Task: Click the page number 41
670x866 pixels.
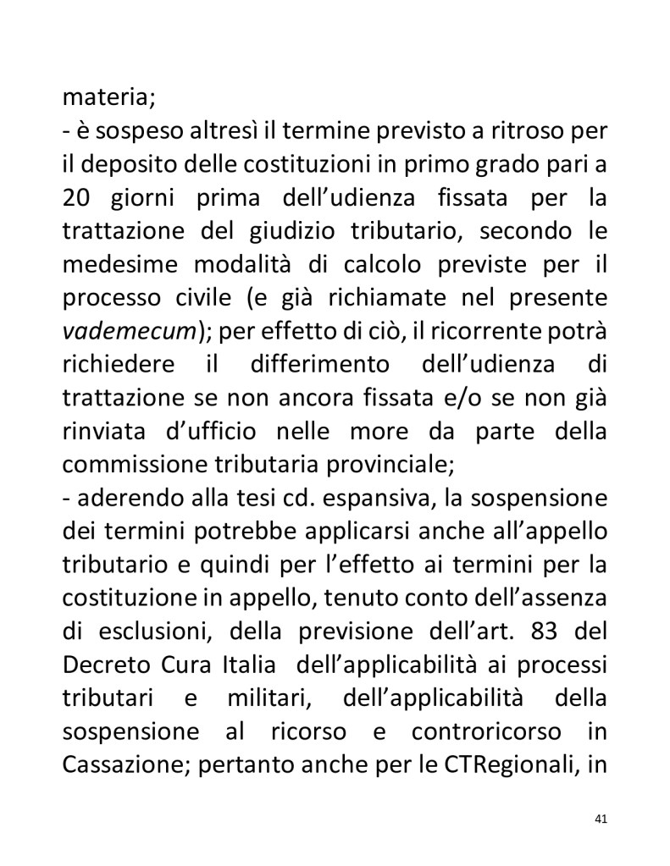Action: click(602, 819)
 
